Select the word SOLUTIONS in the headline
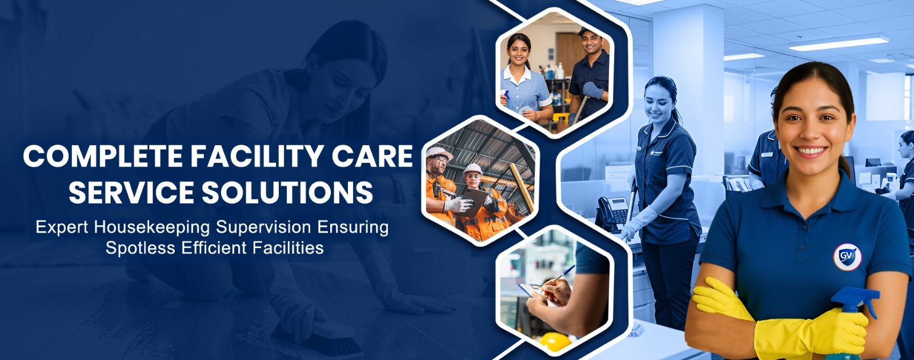coord(288,192)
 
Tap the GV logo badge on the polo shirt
coord(847,257)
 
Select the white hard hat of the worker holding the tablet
coord(473,169)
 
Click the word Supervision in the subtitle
coord(263,228)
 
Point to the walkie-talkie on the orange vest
coord(436,186)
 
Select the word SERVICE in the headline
coord(131,192)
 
